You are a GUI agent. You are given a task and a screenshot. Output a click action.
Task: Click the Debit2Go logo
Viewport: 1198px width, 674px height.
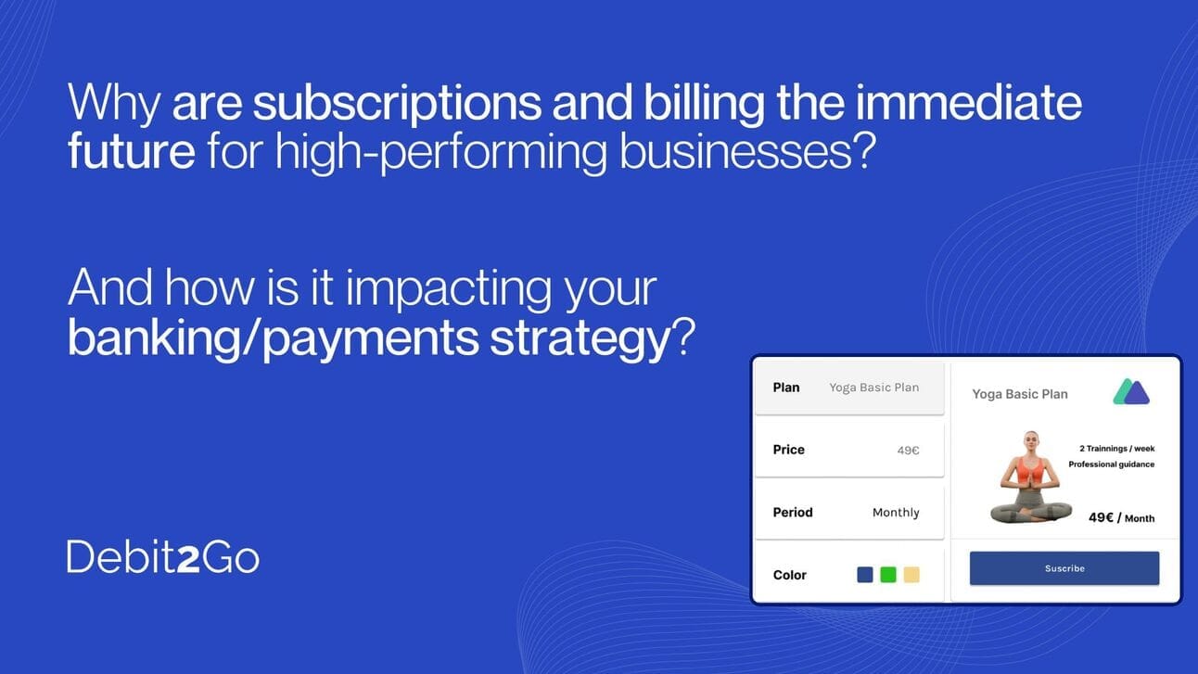[x=163, y=557]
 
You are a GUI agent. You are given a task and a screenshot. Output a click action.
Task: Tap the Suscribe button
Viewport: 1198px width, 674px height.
[x=1064, y=568]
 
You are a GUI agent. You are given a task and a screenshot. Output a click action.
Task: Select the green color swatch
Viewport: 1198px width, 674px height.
[x=887, y=575]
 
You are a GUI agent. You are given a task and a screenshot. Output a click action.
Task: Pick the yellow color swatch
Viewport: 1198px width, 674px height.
[x=911, y=575]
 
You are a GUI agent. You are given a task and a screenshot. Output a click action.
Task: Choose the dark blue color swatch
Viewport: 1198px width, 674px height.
[x=865, y=575]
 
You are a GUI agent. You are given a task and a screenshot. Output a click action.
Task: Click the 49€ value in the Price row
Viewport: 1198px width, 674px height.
[x=908, y=451]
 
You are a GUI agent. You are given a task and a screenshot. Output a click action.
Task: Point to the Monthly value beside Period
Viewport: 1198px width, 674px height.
[x=896, y=513]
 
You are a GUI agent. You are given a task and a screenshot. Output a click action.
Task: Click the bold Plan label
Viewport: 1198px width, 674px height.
[x=786, y=388]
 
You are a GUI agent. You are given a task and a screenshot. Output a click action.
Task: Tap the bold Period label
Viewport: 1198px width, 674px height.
[x=793, y=513]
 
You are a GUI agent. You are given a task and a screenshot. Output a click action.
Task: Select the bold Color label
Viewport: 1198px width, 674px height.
[x=789, y=575]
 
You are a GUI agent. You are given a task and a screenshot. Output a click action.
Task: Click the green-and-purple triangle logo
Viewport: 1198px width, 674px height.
[x=1131, y=391]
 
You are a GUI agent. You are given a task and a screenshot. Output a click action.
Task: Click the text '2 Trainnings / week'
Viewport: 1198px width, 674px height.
[x=1116, y=449]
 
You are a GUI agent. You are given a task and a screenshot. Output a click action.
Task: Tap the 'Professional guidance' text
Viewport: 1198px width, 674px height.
[x=1112, y=464]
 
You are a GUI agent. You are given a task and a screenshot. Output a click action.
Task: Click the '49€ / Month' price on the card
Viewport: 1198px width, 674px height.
[x=1122, y=518]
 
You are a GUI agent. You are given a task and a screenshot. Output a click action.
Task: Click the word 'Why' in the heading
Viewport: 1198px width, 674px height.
[x=114, y=103]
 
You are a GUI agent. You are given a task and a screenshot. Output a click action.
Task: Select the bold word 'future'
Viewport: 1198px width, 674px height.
[x=132, y=150]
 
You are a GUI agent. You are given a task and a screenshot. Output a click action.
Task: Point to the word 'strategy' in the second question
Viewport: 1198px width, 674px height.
[x=580, y=337]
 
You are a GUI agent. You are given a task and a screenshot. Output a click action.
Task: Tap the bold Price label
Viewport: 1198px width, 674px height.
[x=788, y=450]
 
